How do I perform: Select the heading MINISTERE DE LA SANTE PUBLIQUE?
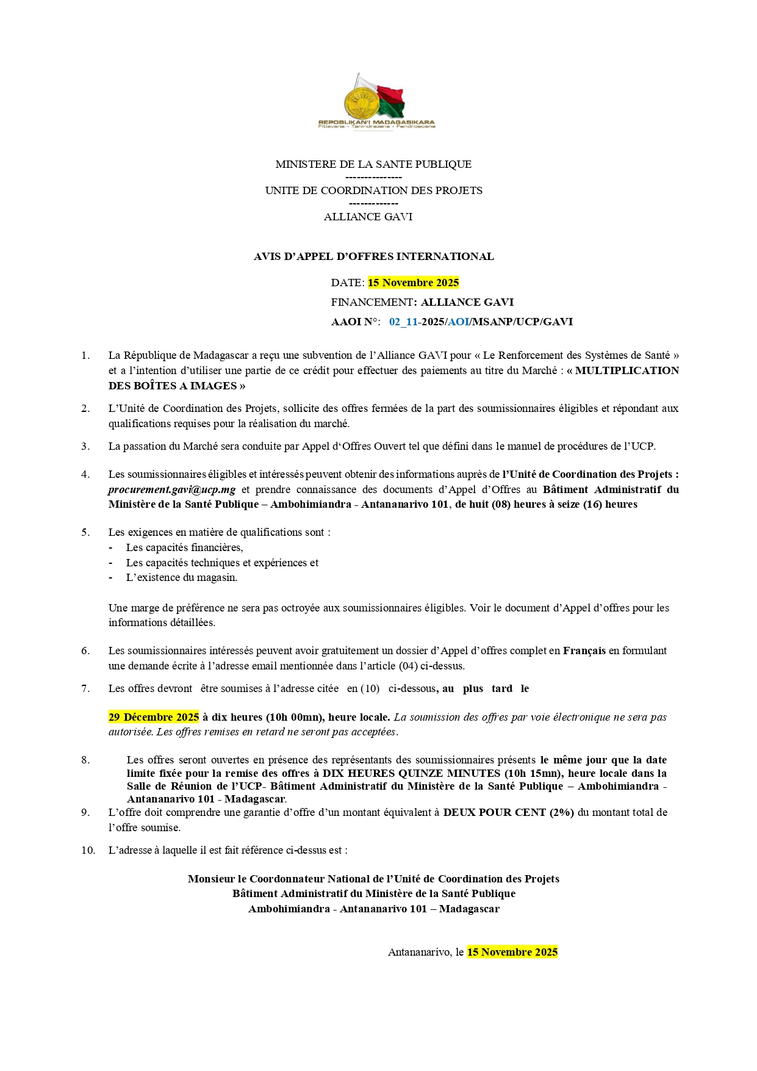[x=373, y=164]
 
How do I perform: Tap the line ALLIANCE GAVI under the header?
[x=368, y=217]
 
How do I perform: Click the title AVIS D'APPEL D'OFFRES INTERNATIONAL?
[x=373, y=256]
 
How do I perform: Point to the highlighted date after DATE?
[x=413, y=283]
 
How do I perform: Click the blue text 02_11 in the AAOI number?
[x=403, y=322]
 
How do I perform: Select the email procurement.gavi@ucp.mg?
[x=172, y=489]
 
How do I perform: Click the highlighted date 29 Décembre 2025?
[x=154, y=717]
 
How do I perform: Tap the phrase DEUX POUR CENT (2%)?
[x=509, y=812]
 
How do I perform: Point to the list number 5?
[x=85, y=532]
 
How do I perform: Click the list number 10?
[x=88, y=850]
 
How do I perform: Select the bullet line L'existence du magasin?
[x=181, y=577]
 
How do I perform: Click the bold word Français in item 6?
[x=584, y=651]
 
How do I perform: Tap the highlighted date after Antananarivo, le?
[x=512, y=952]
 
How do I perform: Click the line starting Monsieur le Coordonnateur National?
[x=373, y=879]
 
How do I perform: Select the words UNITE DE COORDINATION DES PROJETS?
[x=373, y=190]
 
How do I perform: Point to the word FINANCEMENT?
[x=371, y=302]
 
